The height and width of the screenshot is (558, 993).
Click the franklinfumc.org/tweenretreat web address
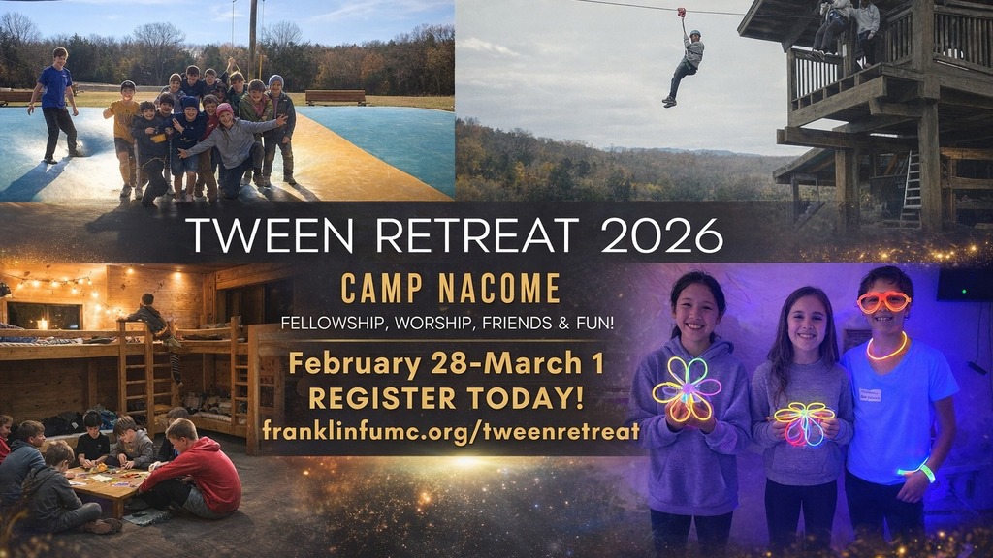pyautogui.click(x=450, y=431)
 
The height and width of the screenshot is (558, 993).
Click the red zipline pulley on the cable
pyautogui.click(x=682, y=12)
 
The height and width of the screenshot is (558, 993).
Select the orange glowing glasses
pyautogui.click(x=884, y=302)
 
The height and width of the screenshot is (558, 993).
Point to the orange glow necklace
pyautogui.click(x=886, y=349)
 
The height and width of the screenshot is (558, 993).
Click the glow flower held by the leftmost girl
pyautogui.click(x=688, y=389)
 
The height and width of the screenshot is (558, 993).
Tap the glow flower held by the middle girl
pyautogui.click(x=804, y=422)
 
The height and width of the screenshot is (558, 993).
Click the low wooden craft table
pyautogui.click(x=107, y=486)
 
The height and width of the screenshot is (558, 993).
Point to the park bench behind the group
pyautogui.click(x=336, y=97)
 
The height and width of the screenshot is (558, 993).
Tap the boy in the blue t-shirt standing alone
pyautogui.click(x=55, y=105)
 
